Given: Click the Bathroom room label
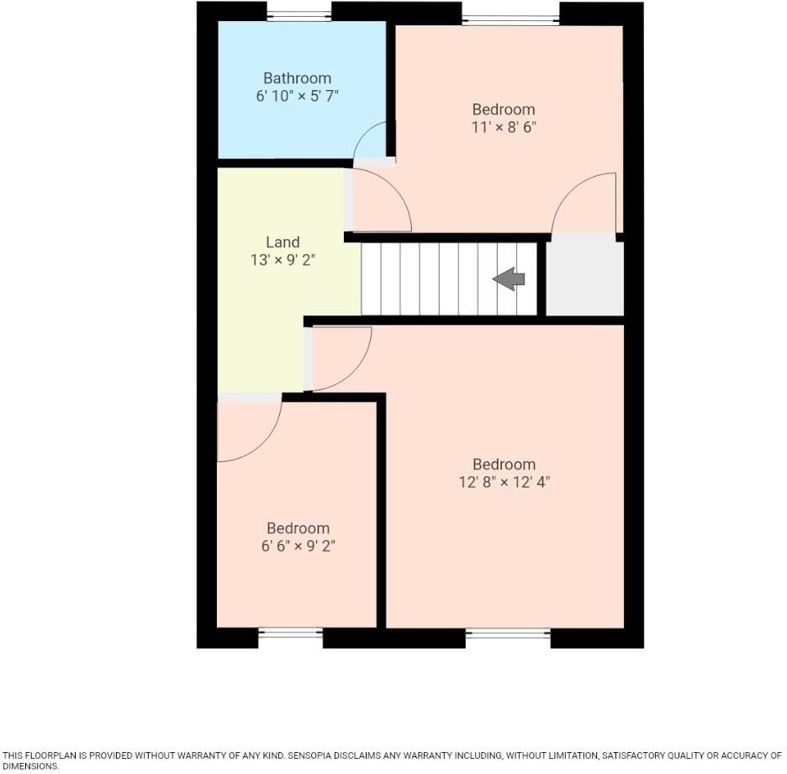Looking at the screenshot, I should (x=297, y=78).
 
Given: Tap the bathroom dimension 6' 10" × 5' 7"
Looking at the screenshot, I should (x=297, y=97).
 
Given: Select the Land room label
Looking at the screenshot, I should (x=282, y=242).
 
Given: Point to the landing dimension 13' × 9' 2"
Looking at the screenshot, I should (x=282, y=261).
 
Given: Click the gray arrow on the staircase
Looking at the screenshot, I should (x=509, y=279).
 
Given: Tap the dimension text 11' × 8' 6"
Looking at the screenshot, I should (x=504, y=128).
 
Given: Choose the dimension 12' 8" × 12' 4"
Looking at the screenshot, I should (x=504, y=482).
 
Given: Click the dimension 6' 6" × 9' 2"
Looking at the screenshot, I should (x=298, y=546).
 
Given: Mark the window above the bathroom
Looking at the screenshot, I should (x=298, y=14).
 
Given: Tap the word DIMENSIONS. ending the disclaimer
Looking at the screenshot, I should (x=31, y=766).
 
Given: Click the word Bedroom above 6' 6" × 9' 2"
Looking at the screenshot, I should (x=298, y=528).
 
